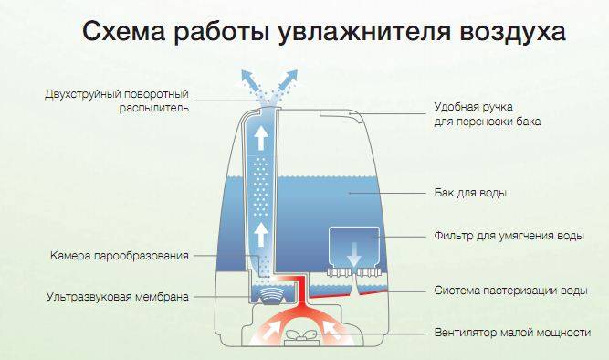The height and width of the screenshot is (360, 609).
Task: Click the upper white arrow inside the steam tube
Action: coord(260,138)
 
